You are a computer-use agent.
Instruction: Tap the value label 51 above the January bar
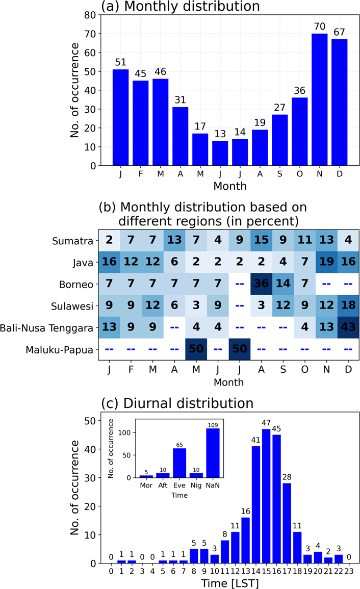point(120,62)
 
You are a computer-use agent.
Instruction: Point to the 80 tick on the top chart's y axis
point(90,15)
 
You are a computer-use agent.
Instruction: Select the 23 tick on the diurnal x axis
point(348,569)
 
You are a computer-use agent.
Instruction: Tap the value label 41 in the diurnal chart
point(255,440)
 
